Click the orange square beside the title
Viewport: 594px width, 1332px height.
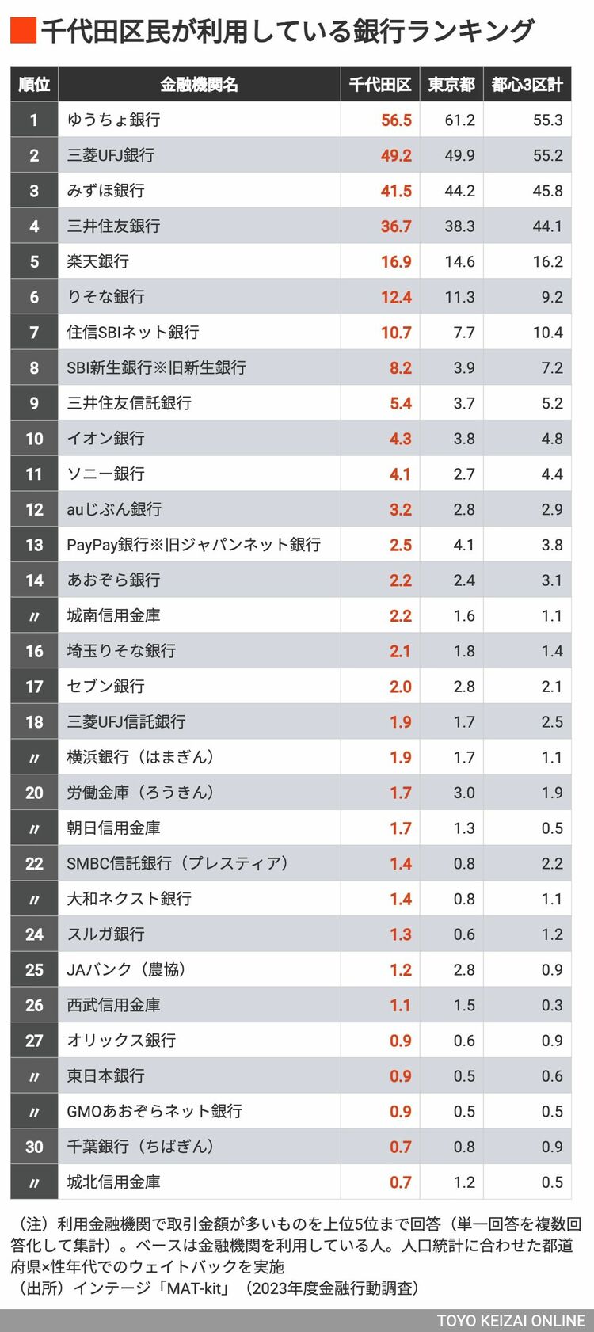click(x=23, y=31)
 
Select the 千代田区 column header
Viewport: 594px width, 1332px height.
click(x=380, y=85)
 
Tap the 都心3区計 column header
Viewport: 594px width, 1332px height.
click(x=527, y=85)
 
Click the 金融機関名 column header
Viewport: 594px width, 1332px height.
click(x=199, y=85)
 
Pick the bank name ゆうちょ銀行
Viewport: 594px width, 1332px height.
click(x=114, y=120)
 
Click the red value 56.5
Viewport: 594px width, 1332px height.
click(x=396, y=120)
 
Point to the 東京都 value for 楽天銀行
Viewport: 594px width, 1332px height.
click(x=459, y=261)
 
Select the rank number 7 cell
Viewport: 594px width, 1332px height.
click(x=34, y=333)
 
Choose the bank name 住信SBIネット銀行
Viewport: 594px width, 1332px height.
click(x=133, y=333)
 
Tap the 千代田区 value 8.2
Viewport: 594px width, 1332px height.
click(x=401, y=368)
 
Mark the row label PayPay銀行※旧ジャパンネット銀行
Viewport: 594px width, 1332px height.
click(x=194, y=545)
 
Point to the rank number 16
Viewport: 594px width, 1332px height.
click(x=34, y=651)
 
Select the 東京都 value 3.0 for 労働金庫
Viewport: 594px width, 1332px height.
click(x=464, y=793)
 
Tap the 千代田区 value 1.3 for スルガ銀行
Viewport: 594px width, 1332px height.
click(x=401, y=934)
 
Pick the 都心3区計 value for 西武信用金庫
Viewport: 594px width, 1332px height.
click(x=552, y=1005)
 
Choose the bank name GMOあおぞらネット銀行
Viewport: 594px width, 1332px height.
click(x=154, y=1111)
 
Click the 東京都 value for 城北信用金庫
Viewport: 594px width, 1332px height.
click(x=464, y=1182)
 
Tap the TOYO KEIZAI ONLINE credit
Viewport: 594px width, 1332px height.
click(x=511, y=1321)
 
